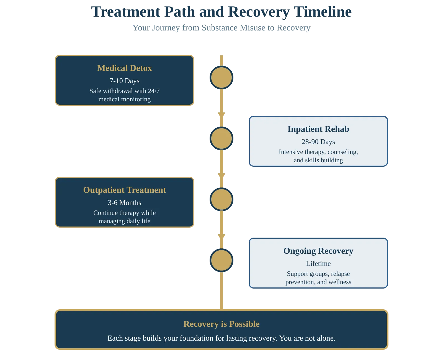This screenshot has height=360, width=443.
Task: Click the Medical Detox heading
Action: pos(125,68)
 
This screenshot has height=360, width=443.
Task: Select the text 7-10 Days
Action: pos(125,81)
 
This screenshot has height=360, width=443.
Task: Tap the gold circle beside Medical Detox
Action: pos(221,78)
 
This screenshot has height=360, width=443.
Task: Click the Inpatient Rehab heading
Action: pos(318,129)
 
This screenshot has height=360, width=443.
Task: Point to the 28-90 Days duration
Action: pos(318,142)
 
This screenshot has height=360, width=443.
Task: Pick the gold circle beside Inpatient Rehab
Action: pos(221,138)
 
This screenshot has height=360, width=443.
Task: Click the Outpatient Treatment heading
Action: pos(125,190)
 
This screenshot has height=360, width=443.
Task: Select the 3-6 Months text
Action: pos(125,203)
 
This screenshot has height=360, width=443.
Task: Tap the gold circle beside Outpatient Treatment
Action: pos(221,199)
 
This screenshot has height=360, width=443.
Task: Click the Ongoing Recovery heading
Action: pos(318,251)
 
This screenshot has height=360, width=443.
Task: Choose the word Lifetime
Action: pos(318,264)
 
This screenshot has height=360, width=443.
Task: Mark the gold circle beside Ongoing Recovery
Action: pos(221,260)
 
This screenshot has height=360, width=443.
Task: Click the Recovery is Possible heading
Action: pos(221,324)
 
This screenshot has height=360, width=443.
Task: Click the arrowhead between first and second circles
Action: pos(221,114)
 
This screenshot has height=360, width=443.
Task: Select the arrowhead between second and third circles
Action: pos(221,175)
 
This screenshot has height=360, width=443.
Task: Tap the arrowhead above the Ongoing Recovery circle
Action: pos(221,236)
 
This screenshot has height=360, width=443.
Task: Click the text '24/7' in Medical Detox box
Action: pos(154,91)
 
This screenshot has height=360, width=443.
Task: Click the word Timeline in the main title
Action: pos(323,12)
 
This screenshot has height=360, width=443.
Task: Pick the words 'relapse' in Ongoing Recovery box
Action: pos(340,274)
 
